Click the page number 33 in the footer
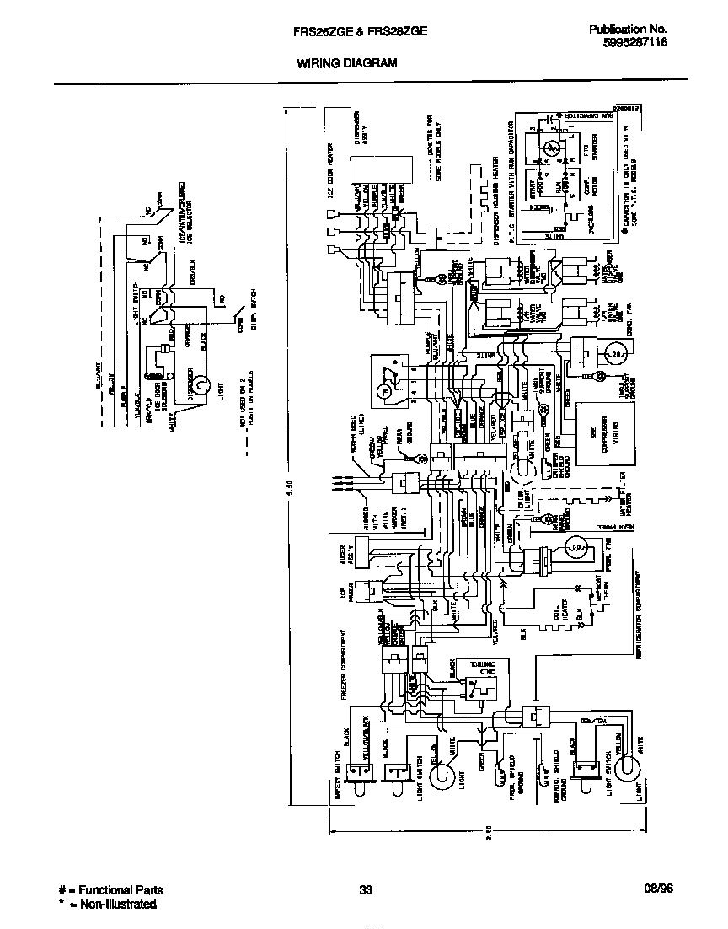365,890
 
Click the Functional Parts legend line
110,890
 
